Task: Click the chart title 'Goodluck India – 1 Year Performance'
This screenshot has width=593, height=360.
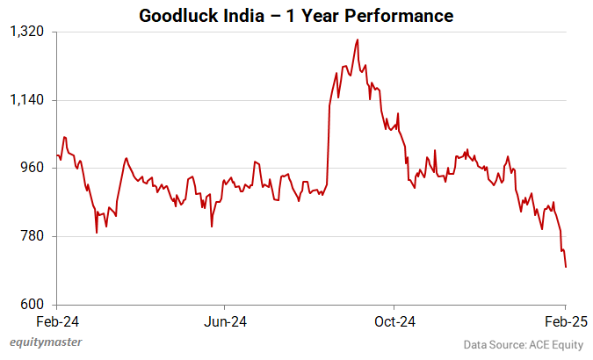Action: point(296,15)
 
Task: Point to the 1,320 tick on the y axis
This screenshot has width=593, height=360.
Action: point(26,32)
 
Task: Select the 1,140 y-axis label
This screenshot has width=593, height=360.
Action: point(26,100)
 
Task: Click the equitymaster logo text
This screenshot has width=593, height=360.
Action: point(46,342)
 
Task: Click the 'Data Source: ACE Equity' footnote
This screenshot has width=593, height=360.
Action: point(523,344)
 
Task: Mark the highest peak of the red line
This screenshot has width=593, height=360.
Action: point(357,40)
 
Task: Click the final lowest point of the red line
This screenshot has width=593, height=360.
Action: point(566,267)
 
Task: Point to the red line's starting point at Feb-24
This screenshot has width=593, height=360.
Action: point(57,155)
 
